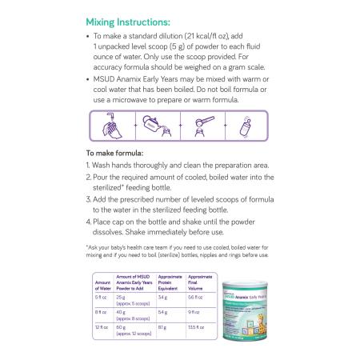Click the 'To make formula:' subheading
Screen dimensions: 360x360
(114, 151)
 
